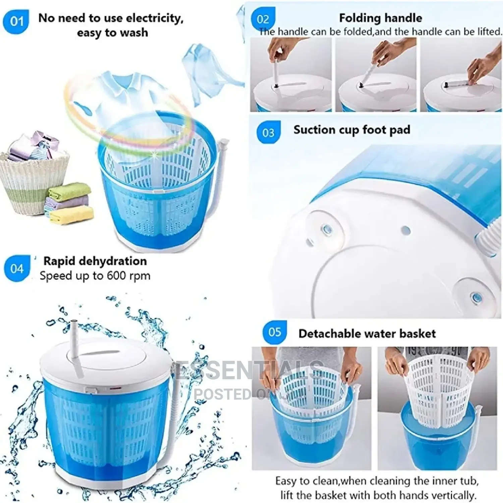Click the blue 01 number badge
(16, 21)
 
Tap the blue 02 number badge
(263, 19)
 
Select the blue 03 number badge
(268, 133)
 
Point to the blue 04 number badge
(17, 269)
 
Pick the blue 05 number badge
(275, 332)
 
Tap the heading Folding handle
(380, 18)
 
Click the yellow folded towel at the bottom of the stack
(71, 214)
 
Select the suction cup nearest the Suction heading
(325, 229)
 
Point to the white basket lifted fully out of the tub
(438, 386)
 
